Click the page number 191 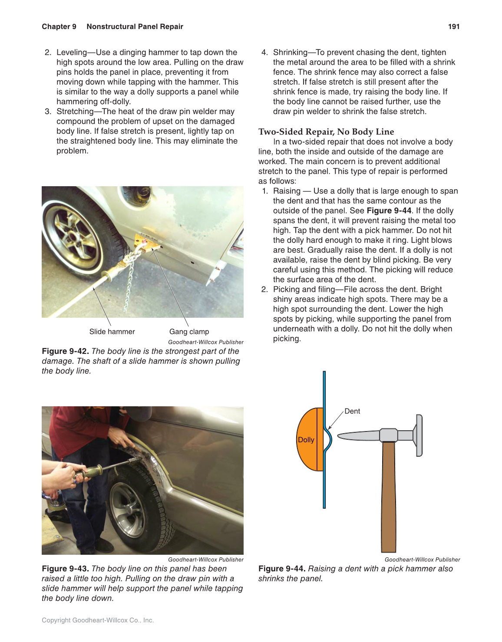453,26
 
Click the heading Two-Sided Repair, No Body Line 326,132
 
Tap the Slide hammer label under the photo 112,332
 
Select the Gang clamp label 189,332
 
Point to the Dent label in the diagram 352,411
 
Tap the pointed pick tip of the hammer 343,435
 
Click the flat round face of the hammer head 419,435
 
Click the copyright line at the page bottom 98,620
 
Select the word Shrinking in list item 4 290,53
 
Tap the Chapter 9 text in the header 59,26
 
